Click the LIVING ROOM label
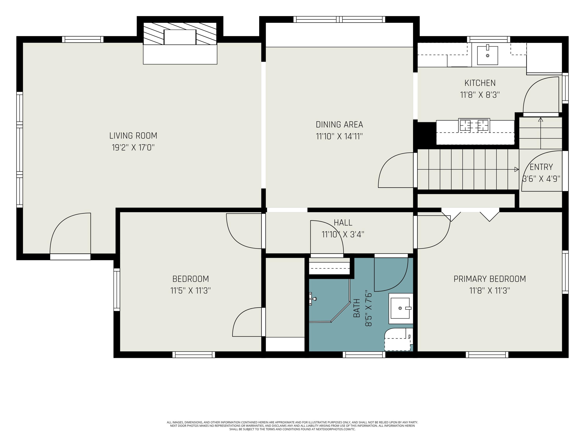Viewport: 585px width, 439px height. (133, 136)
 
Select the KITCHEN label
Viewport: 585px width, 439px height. (480, 83)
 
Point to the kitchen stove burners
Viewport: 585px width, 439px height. (474, 125)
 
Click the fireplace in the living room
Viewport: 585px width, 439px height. (180, 43)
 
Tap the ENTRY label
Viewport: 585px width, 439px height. (541, 167)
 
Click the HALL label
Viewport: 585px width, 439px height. (343, 223)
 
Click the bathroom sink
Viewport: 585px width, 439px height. (400, 308)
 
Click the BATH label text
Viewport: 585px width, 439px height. (357, 308)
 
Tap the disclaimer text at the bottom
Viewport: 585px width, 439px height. (292, 426)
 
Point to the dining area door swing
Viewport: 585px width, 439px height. (396, 170)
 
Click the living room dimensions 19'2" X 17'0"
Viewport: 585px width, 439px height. (133, 147)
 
